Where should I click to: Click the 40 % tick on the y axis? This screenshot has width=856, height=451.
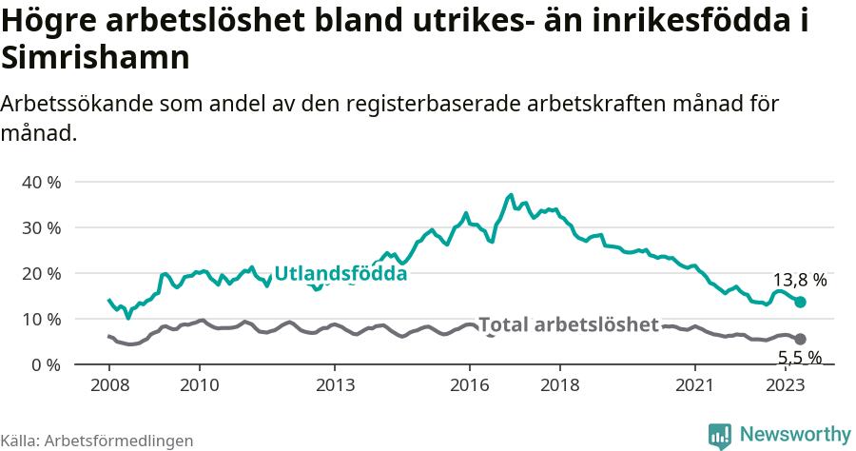tap(41, 182)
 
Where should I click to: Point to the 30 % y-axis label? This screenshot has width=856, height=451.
tap(41, 227)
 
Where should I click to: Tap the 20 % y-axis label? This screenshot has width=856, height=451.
tap(41, 273)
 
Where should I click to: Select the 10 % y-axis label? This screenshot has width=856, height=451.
tap(41, 319)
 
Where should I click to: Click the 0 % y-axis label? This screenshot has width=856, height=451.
tap(46, 364)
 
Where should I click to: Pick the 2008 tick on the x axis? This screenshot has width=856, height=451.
tap(109, 384)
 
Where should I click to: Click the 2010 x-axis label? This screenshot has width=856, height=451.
tap(200, 384)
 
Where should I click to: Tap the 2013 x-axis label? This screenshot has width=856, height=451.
tap(335, 384)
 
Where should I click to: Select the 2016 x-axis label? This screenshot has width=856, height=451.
tap(470, 384)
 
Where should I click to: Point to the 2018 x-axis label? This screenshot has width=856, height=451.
tap(559, 384)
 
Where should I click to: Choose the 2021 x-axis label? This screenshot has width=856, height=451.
tap(695, 384)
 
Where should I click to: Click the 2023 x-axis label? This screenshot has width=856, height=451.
tap(786, 384)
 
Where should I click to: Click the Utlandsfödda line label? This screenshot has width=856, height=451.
tap(340, 274)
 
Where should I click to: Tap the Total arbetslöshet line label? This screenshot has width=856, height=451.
tap(568, 324)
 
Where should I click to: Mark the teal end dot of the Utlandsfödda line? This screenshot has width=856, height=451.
tap(800, 302)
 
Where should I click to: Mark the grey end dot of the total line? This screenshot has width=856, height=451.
tap(800, 339)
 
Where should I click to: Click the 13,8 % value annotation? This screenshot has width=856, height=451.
tap(799, 281)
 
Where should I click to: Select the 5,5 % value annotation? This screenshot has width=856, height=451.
tap(799, 359)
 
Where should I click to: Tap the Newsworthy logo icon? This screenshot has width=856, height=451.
tap(720, 435)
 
